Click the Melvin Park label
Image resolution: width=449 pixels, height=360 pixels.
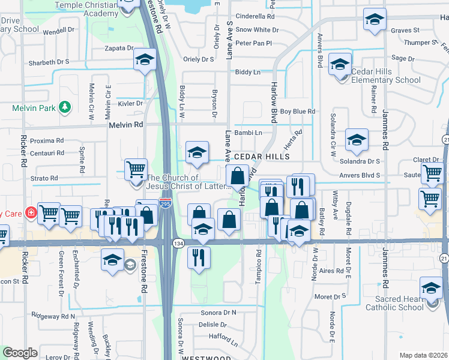point(34,108)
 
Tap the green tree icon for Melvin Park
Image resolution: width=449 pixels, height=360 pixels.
point(64,108)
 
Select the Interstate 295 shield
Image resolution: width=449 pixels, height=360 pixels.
point(166,204)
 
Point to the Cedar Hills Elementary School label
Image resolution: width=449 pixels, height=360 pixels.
point(386,76)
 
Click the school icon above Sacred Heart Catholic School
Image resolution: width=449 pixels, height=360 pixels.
point(431,288)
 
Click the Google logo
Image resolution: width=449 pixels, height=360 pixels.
point(20,353)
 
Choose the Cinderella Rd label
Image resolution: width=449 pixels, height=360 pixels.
point(255,16)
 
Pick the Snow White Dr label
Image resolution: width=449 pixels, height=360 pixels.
point(255,29)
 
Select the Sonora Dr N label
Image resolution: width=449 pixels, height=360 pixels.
point(217,313)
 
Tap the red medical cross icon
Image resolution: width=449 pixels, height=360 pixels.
point(31,212)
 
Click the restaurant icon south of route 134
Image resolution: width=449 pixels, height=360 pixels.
point(197,257)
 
